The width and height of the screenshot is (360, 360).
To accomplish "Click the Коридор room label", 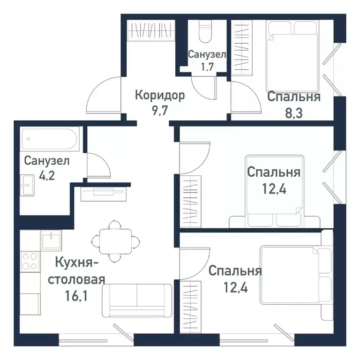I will (x=160, y=96).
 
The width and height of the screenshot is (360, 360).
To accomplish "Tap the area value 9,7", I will (x=160, y=112).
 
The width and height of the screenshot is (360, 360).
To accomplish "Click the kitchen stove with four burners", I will (x=30, y=261).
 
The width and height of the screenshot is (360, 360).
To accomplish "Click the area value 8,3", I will (x=293, y=113).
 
